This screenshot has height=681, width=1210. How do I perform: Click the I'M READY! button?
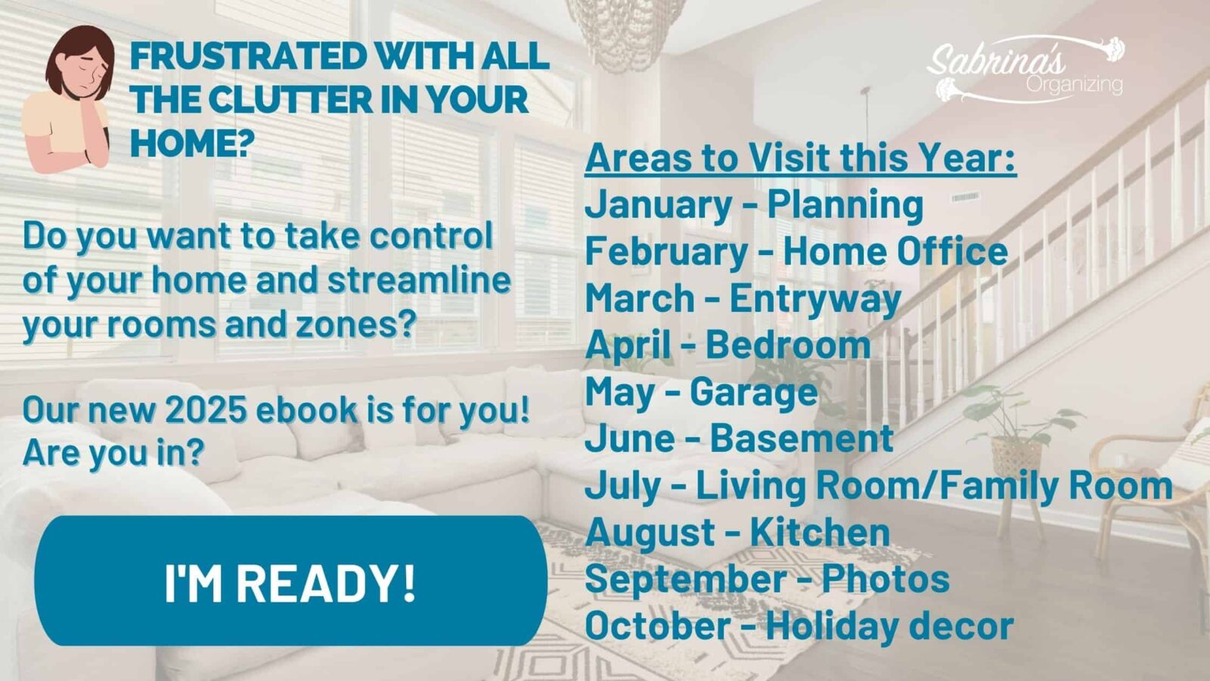point(290,580)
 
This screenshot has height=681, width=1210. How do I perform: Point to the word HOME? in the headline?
point(192,142)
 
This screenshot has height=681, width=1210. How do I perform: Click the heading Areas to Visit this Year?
point(801,158)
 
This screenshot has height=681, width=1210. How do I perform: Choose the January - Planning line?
point(754,206)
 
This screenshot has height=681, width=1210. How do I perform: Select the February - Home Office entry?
point(796,253)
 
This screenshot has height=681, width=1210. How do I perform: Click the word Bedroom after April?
point(788,345)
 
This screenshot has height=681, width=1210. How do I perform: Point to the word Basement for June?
point(802,438)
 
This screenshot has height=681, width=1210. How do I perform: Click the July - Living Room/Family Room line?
point(879,486)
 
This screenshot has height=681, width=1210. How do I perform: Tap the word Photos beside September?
point(886,579)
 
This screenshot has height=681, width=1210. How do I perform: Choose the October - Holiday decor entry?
point(799,625)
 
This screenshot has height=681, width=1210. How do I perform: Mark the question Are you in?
point(113,453)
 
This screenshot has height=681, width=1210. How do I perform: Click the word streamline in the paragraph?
point(419,281)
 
